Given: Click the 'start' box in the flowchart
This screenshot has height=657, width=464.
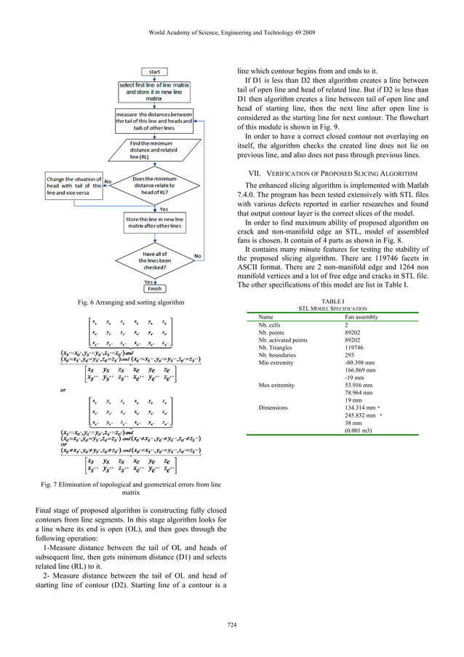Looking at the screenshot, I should [x=154, y=72].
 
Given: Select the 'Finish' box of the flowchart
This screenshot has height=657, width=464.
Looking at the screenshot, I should [x=154, y=288].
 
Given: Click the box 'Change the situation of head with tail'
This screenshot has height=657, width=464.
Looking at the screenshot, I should [x=73, y=185].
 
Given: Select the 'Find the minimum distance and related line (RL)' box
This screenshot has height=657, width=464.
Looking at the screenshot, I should [x=153, y=150].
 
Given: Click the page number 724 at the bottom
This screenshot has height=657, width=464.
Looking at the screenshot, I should [x=232, y=624].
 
